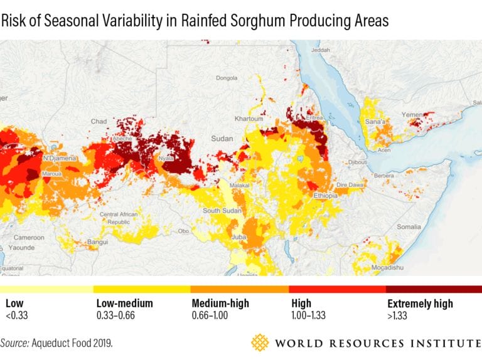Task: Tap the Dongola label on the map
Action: [x=227, y=78]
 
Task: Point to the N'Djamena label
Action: [x=60, y=157]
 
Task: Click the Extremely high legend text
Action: [x=420, y=304]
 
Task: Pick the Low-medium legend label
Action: [x=124, y=304]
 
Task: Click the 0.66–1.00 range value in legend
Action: [x=212, y=315]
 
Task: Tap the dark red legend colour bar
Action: [x=434, y=289]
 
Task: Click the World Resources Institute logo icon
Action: [x=260, y=342]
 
